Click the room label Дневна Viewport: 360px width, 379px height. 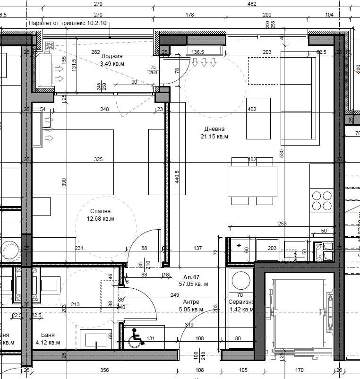pos(214,129)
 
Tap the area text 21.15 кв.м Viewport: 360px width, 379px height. pos(214,137)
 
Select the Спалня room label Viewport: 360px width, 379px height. pos(100,211)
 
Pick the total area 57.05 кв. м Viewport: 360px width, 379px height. pos(193,284)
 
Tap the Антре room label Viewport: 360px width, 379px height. pos(191,302)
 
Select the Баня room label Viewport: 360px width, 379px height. pos(48,334)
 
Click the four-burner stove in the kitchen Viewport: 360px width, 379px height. pos(322,200)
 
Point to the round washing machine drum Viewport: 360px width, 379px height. pos(240,280)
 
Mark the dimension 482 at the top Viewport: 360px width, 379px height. pos(252,4)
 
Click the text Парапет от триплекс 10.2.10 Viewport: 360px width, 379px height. pos(68,23)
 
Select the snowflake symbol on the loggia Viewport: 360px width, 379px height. pos(50,46)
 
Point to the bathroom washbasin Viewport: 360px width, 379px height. pos(97,340)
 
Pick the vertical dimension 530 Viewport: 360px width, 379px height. pos(281,154)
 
